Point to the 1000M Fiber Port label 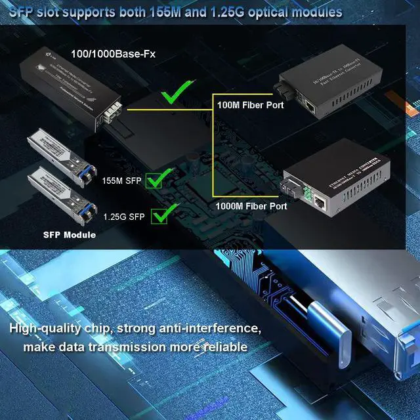point(251,206)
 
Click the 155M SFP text point(123,179)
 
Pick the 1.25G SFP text point(124,216)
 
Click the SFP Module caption point(70,235)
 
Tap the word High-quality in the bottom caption point(49,327)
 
